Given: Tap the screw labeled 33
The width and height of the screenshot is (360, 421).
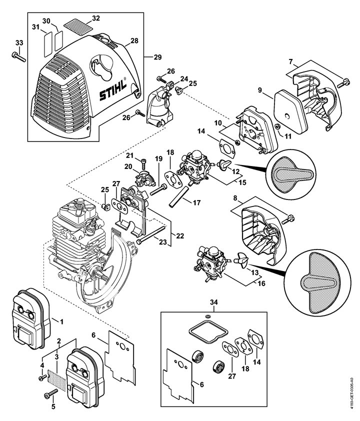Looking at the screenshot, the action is (19, 56).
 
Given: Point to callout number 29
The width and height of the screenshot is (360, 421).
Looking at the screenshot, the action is (157, 57).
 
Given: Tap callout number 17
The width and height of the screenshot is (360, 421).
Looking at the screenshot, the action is (197, 202).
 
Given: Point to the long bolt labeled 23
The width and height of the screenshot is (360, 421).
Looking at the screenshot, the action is (150, 234).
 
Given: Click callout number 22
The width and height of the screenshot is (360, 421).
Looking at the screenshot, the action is (180, 235).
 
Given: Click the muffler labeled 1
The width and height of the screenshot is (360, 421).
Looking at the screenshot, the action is (31, 318).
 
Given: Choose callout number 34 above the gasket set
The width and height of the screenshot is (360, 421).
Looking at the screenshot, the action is (213, 302).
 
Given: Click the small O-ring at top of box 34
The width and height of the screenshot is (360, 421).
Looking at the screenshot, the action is (206, 316).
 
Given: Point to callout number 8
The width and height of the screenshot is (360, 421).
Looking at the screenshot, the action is (235, 198).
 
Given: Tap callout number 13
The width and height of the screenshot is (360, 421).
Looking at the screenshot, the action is (254, 273).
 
